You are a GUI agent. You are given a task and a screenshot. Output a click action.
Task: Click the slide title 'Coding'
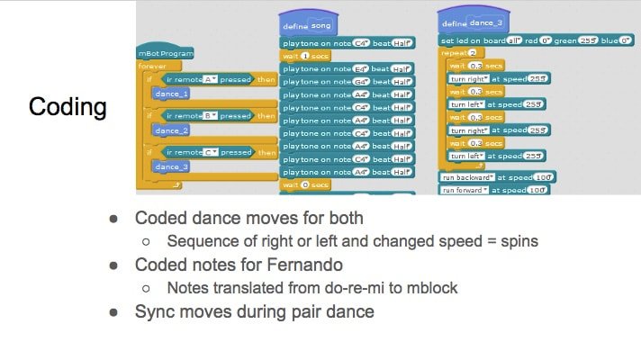coord(68,107)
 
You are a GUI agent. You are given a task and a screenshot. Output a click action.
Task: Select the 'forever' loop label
coord(152,66)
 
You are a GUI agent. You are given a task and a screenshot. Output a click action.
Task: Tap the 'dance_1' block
coord(171,93)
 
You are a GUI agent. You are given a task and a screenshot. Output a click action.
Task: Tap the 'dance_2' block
coord(171,130)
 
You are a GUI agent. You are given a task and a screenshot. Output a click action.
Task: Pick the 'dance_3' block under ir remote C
coord(171,166)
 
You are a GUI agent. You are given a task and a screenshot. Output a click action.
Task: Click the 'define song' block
coord(308,27)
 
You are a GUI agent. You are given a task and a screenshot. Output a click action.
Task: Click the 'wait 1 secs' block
coord(305,55)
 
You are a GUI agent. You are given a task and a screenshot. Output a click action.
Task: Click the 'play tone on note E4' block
coord(347,68)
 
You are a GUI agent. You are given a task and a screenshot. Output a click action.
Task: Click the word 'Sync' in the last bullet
coord(154,312)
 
